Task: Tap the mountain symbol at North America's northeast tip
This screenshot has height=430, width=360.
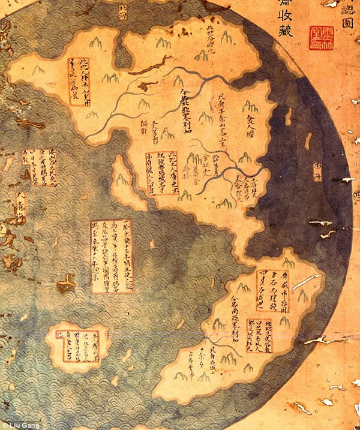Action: [226, 37]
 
